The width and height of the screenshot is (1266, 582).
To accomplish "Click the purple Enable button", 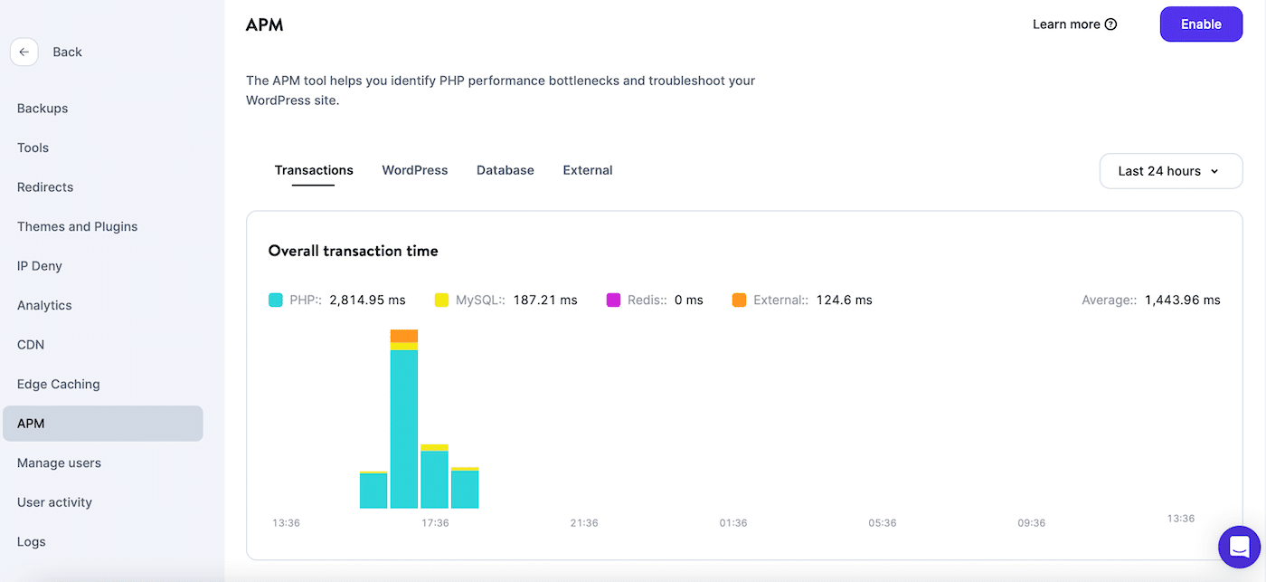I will pos(1201,24).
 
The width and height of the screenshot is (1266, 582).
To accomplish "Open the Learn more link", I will pos(1074,24).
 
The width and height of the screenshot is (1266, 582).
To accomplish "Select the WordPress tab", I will pos(414,170).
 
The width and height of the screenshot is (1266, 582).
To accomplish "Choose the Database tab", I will pos(505,170).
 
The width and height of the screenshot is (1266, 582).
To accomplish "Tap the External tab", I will pos(587,170).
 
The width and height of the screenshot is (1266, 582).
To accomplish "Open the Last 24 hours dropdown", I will pos(1170,171).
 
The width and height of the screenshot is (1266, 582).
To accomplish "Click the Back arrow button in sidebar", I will pos(24,52).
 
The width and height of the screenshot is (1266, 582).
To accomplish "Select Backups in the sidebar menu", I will pos(43,109).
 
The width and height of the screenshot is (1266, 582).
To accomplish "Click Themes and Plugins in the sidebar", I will pos(77,226).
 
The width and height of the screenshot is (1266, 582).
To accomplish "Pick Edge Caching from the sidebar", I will pos(58,384).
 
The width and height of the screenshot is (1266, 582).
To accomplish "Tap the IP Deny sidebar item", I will pos(39,266).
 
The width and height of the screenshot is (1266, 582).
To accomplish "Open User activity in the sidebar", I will pos(54,502).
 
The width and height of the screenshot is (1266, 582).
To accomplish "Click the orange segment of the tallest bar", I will pos(404,336).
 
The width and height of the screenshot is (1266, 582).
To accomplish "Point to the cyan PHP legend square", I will pos(276,300).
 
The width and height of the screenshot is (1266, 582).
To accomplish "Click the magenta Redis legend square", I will pos(613,300).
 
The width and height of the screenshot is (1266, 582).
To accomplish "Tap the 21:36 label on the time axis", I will pos(584,523).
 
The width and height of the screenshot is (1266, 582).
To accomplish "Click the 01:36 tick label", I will pos(733,523).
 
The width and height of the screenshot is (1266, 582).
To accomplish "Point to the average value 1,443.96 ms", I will pos(1182,300).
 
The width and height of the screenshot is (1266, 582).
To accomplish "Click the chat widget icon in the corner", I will pos(1239,547).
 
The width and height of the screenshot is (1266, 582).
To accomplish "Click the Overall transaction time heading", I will pos(353,251).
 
